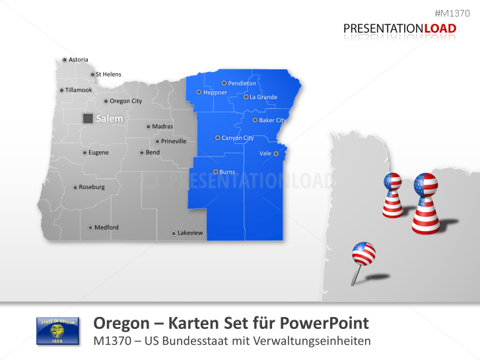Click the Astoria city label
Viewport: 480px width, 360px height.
pyautogui.click(x=78, y=59)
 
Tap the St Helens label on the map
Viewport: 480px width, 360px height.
pyautogui.click(x=108, y=75)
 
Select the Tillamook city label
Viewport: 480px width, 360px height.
pyautogui.click(x=79, y=90)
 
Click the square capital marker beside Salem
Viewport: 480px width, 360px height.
pyautogui.click(x=87, y=118)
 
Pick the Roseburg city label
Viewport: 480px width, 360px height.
pyautogui.click(x=91, y=187)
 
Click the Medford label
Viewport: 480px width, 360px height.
pyautogui.click(x=106, y=227)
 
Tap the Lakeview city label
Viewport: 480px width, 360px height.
pyautogui.click(x=190, y=233)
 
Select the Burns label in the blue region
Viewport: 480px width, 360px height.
pyautogui.click(x=226, y=172)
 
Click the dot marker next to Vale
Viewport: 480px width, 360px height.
pyautogui.click(x=276, y=153)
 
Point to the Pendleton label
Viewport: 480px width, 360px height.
pyautogui.click(x=242, y=83)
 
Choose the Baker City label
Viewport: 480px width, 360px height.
pyautogui.click(x=272, y=120)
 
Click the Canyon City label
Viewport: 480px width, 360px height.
pyautogui.click(x=237, y=138)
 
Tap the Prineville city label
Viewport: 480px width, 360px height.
pyautogui.click(x=174, y=141)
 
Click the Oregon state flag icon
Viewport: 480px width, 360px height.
pyautogui.click(x=57, y=330)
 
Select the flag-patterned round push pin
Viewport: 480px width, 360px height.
pyautogui.click(x=363, y=254)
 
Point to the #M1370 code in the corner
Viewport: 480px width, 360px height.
pyautogui.click(x=456, y=13)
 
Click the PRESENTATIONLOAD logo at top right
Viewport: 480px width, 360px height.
pyautogui.click(x=399, y=28)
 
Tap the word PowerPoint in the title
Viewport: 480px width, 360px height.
pyautogui.click(x=322, y=323)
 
